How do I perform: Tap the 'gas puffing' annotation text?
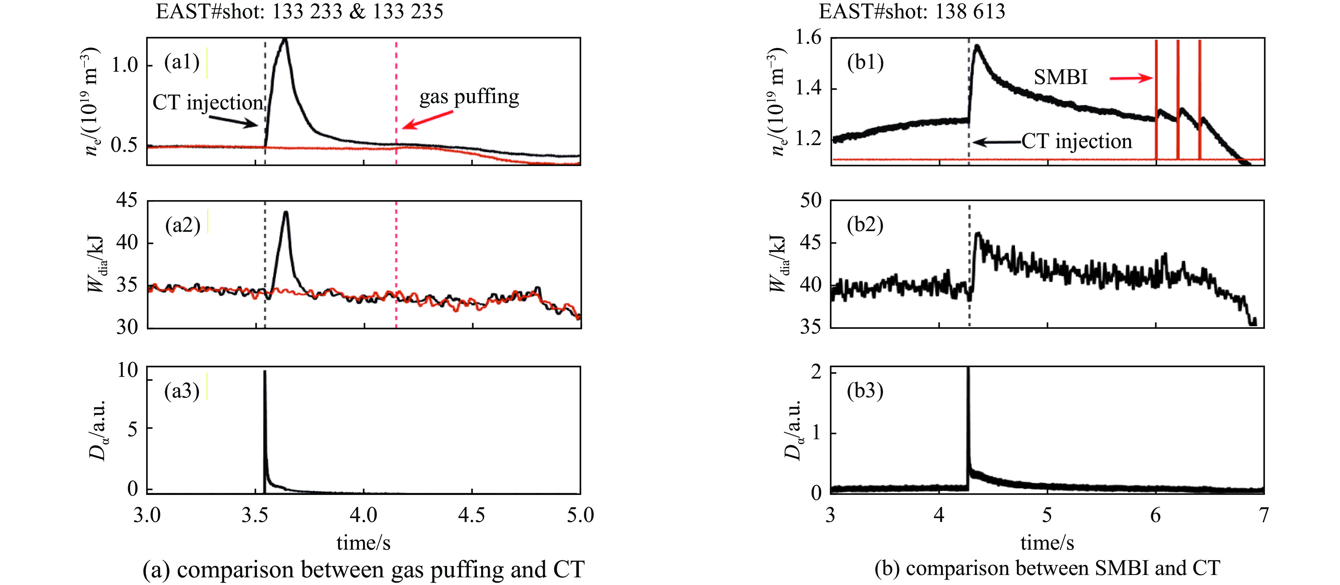469,97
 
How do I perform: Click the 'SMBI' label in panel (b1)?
1060,77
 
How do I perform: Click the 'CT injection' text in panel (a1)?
208,102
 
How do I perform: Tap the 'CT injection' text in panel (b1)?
1076,141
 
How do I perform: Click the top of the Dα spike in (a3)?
265,371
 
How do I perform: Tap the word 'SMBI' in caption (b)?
1121,568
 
